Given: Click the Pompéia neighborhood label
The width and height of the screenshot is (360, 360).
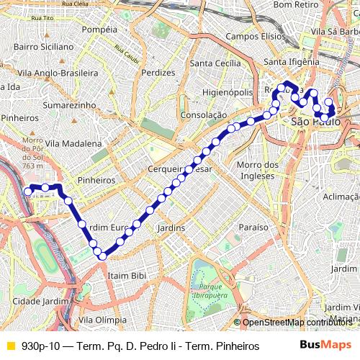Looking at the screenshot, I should [x=100, y=30].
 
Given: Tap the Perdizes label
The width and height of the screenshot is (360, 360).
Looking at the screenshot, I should [x=158, y=73].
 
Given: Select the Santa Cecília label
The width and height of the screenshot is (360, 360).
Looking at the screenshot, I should [x=214, y=63].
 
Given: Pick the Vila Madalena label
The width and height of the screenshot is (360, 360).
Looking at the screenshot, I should [x=71, y=143].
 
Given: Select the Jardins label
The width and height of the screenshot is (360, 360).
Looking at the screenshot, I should [x=170, y=228].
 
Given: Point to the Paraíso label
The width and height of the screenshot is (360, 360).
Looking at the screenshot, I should [x=253, y=227].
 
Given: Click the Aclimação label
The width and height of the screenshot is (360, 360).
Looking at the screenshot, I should [x=341, y=197].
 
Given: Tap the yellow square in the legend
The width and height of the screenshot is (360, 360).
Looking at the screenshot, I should [x=10, y=346].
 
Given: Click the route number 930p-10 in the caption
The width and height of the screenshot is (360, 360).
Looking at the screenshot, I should [x=42, y=346].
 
